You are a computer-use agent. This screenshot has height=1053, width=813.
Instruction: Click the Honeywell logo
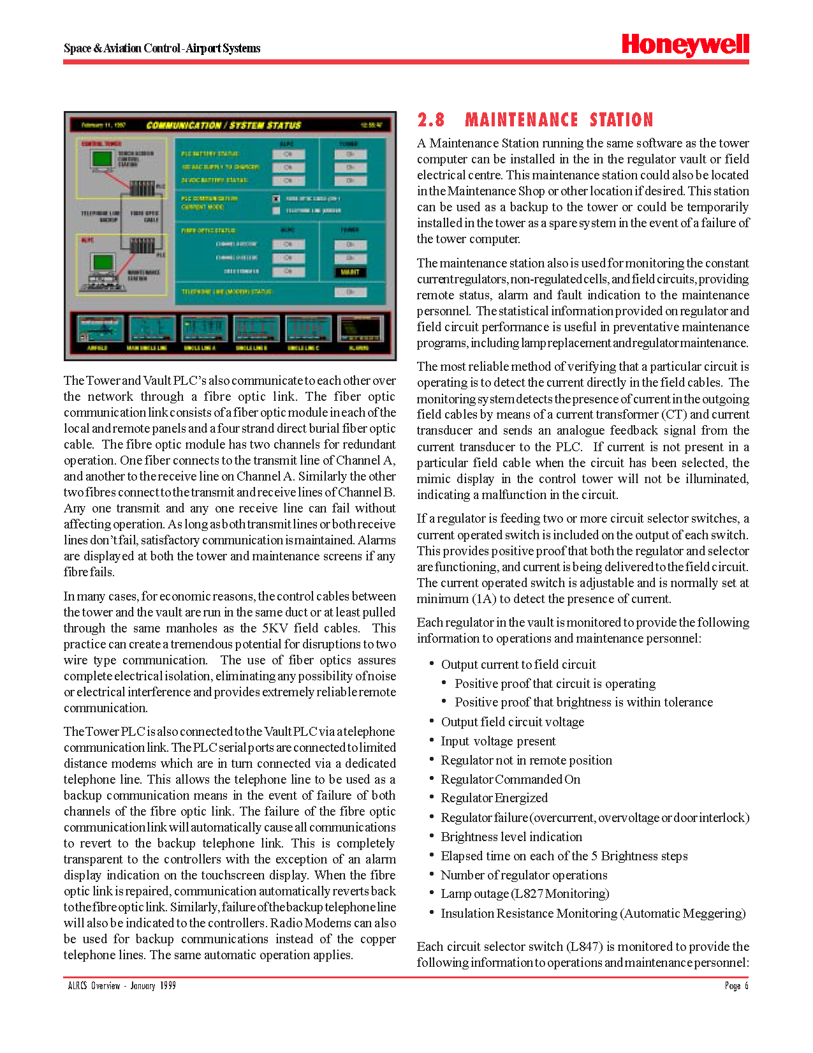[x=685, y=45]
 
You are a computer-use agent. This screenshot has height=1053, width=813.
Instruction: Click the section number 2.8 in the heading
[x=431, y=120]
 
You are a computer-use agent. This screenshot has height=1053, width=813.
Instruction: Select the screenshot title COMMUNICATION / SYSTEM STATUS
[x=223, y=125]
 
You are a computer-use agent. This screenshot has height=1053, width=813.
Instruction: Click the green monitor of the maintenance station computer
[x=103, y=262]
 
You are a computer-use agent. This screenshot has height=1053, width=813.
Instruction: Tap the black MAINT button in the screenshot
[x=350, y=273]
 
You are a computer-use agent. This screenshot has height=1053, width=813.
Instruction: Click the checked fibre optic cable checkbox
[x=276, y=198]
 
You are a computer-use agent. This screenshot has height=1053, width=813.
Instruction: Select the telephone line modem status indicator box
[x=350, y=292]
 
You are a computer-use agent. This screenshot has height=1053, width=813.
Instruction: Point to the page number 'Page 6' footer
[x=736, y=986]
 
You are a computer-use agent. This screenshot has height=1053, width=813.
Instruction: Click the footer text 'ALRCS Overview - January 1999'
[x=122, y=986]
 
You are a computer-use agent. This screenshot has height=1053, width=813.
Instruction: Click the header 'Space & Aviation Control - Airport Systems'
[x=162, y=49]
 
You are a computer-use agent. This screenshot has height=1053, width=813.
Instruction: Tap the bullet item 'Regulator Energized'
[x=494, y=798]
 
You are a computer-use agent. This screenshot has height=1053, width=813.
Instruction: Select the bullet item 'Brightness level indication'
[x=511, y=837]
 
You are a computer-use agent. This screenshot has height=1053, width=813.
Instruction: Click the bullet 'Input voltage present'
[x=498, y=741]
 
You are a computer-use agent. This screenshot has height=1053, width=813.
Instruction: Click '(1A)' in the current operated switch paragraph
[x=484, y=599]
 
